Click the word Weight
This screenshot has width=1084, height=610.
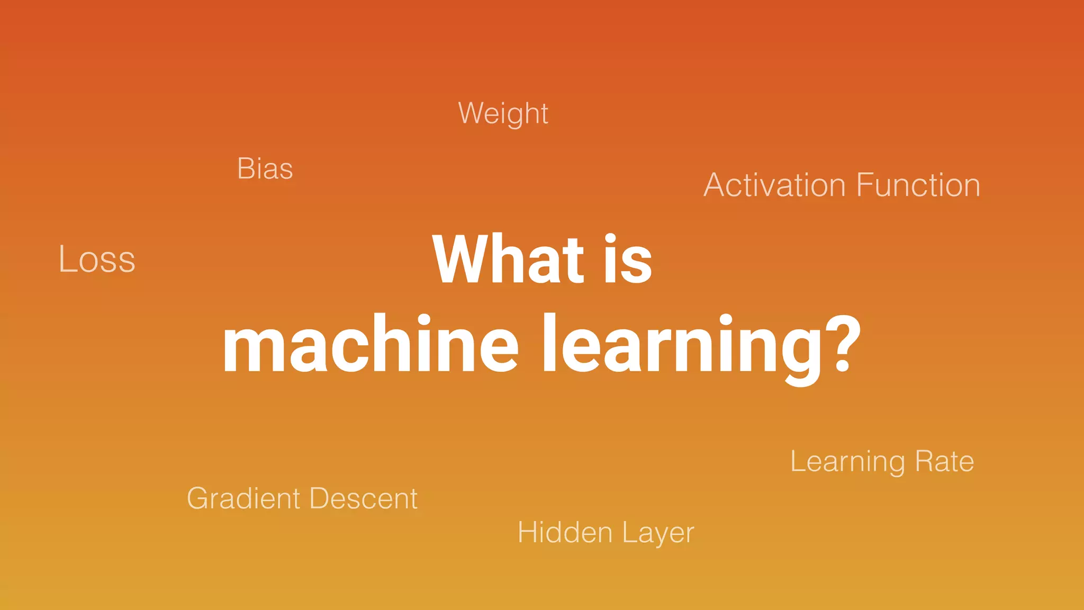coord(503,114)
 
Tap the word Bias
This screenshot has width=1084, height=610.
coord(265,169)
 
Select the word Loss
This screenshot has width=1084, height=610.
coord(97,259)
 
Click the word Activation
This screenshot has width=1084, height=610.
coord(774,185)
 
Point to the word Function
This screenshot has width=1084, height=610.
coord(918,185)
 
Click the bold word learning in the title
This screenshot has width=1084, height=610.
coord(683,347)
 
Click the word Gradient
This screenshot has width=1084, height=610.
coord(244,499)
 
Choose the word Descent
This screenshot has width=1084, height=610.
coord(364,499)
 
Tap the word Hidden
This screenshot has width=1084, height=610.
coord(565,533)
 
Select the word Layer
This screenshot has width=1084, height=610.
coord(658,534)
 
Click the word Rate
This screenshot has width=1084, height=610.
coord(944,461)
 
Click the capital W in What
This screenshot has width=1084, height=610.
coord(459,259)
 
